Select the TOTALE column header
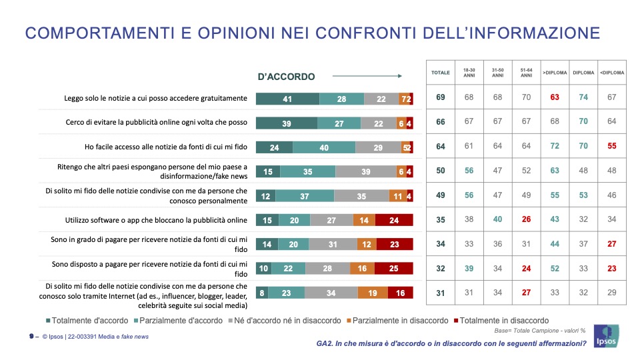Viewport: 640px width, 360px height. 440,73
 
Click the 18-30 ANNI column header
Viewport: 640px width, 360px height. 469,73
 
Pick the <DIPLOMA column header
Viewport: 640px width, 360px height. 613,73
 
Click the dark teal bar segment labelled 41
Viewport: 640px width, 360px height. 287,99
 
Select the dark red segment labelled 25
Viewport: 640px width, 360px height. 393,268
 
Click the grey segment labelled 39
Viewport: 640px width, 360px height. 365,171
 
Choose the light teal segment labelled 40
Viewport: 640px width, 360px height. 323,147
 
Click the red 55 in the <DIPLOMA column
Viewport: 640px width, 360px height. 613,147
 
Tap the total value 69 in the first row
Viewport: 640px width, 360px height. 440,98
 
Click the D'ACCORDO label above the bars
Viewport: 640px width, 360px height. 286,77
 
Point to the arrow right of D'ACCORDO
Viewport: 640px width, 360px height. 367,76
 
